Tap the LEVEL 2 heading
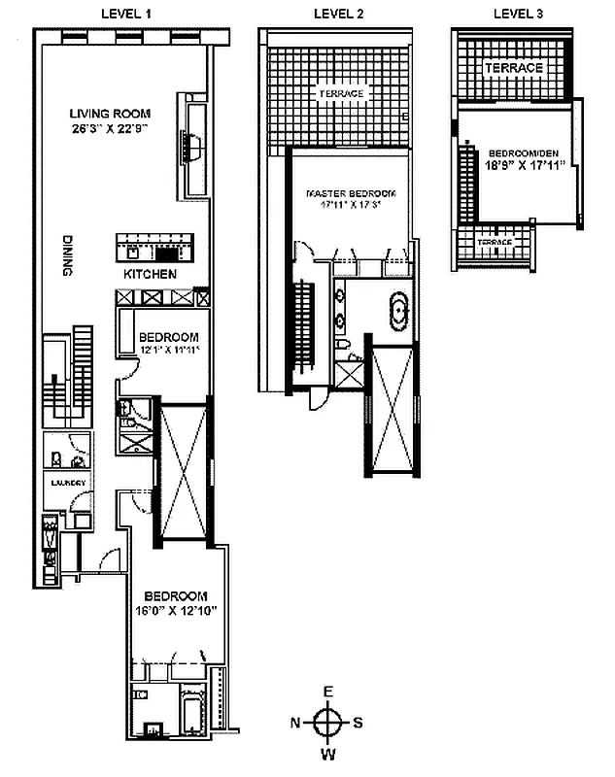pyautogui.click(x=339, y=13)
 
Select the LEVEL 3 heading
pyautogui.click(x=517, y=13)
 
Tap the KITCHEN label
pyautogui.click(x=150, y=275)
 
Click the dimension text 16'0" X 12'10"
pyautogui.click(x=176, y=610)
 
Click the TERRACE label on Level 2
pyautogui.click(x=340, y=93)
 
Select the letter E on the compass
pyautogui.click(x=329, y=692)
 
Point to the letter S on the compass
pyautogui.click(x=359, y=723)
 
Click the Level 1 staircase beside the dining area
pyautogui.click(x=71, y=374)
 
